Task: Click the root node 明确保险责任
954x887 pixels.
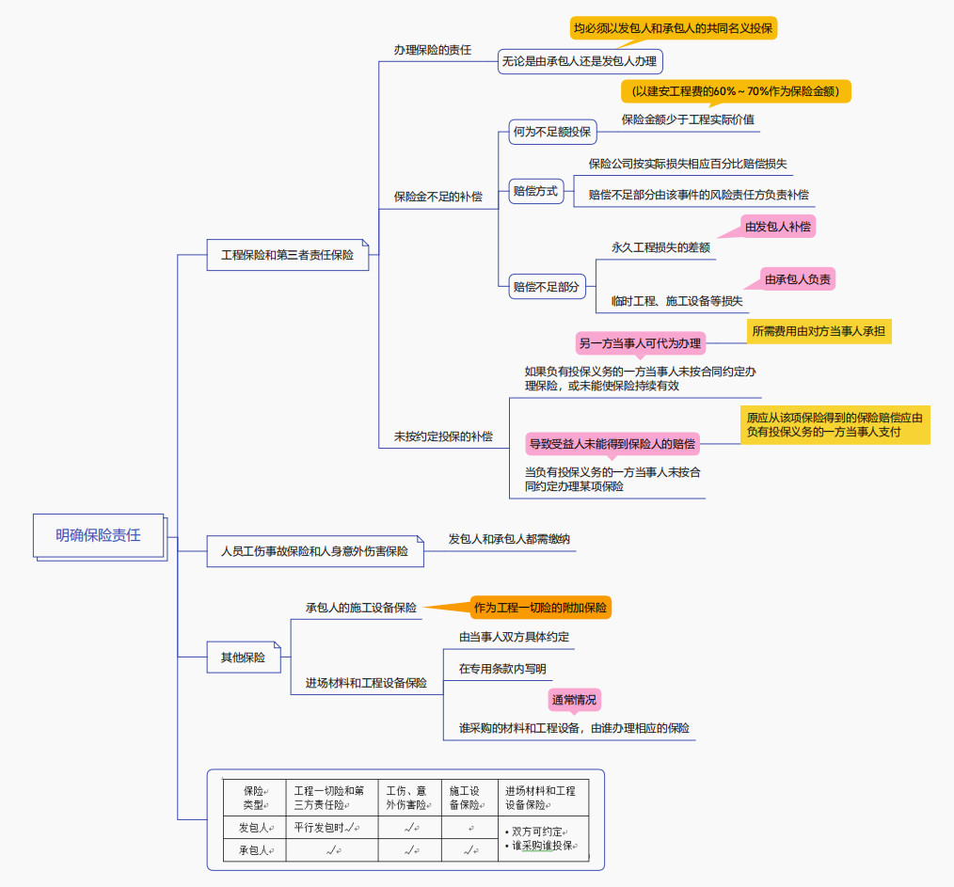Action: [98, 535]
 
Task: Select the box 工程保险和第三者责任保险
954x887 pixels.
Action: [287, 255]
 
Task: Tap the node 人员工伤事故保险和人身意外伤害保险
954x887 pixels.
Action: [314, 551]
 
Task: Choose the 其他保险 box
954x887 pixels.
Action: [243, 657]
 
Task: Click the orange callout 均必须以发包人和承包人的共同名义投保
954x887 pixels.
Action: [673, 28]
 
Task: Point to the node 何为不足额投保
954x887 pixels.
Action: [551, 133]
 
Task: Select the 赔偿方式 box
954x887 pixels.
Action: [534, 191]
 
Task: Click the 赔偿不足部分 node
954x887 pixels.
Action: [546, 287]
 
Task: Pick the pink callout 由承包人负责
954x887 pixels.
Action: [798, 279]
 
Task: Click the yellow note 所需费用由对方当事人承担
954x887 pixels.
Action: [819, 331]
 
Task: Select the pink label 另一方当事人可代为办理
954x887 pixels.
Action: [640, 343]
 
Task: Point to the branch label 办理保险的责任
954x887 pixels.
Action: [432, 49]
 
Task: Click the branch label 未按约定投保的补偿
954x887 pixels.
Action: [442, 436]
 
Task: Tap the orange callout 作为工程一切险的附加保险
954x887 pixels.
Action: [540, 608]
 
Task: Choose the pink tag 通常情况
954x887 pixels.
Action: [574, 700]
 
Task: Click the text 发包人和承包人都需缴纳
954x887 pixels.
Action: [508, 539]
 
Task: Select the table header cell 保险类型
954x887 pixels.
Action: [254, 798]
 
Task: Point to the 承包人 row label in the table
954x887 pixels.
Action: [254, 850]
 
